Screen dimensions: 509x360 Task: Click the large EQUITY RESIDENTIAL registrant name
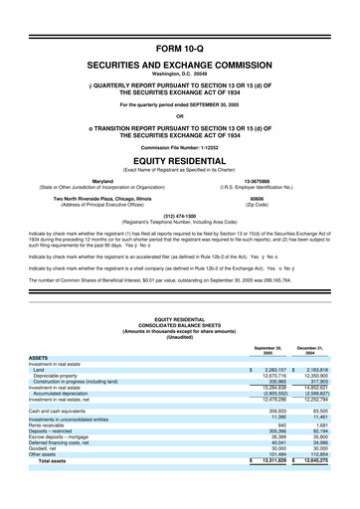point(179,160)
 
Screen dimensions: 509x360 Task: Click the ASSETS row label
point(40,356)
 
